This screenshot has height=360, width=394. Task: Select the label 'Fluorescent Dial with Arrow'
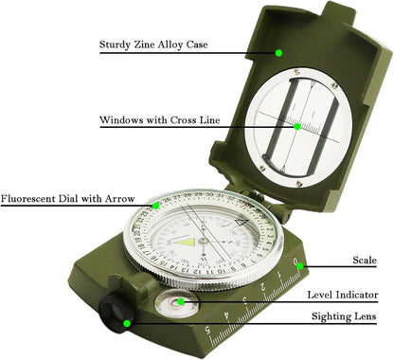(x=68, y=201)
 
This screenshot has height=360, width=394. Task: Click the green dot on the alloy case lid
(x=280, y=54)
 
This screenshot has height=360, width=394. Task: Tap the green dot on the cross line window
(x=296, y=127)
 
